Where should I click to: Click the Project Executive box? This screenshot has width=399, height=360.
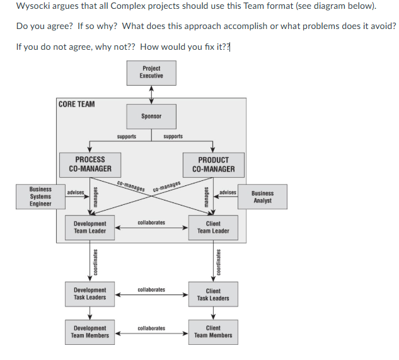click(x=151, y=73)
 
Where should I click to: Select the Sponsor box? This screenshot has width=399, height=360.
click(x=151, y=116)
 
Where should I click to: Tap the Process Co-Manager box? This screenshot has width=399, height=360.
click(x=90, y=164)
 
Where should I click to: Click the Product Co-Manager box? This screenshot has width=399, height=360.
click(x=213, y=164)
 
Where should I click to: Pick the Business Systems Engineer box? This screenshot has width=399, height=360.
click(x=40, y=196)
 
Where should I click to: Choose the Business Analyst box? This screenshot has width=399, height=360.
click(x=262, y=197)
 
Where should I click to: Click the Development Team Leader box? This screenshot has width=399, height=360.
click(x=90, y=227)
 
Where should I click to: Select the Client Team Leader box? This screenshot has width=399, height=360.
click(x=213, y=227)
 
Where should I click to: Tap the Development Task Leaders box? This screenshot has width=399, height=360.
click(x=90, y=294)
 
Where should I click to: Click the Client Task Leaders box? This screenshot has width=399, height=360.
click(x=213, y=294)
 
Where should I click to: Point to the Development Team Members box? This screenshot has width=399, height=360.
click(x=90, y=332)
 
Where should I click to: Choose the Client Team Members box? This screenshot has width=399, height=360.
click(x=213, y=332)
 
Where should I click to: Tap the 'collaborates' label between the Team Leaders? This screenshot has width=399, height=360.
click(x=151, y=223)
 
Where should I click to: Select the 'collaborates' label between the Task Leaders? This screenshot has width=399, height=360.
click(x=151, y=289)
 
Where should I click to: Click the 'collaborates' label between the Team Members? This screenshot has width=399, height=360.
click(x=151, y=328)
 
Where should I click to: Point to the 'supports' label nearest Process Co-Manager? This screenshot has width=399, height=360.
click(x=127, y=136)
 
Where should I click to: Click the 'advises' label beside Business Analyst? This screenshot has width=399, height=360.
click(x=228, y=192)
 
